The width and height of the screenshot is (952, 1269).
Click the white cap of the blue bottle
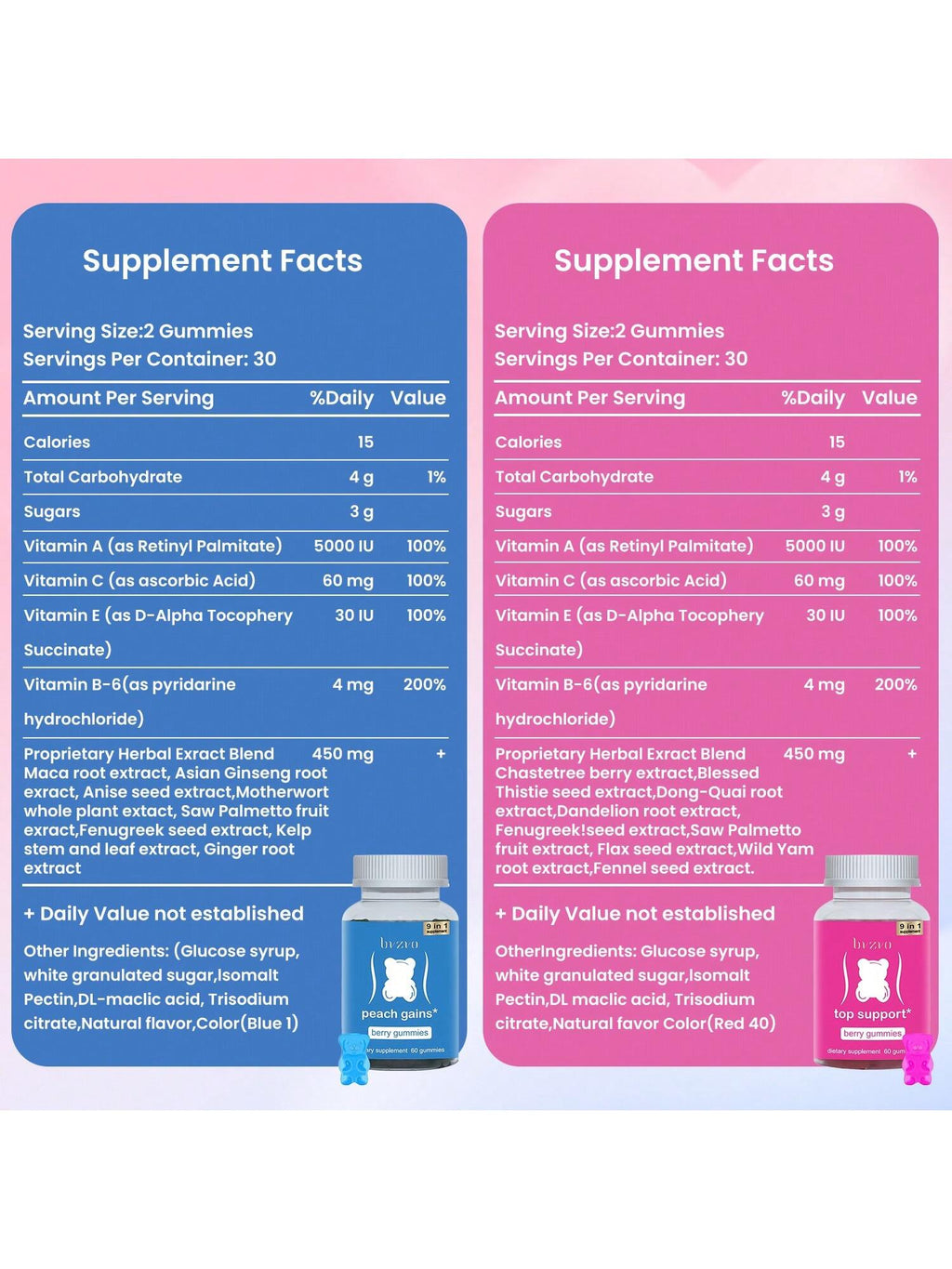click(x=400, y=871)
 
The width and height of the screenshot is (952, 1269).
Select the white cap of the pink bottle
click(x=871, y=871)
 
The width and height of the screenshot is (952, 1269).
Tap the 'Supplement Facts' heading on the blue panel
click(x=222, y=260)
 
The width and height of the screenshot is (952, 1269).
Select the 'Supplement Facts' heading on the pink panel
click(x=694, y=260)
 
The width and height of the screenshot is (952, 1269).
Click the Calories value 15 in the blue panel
click(x=365, y=442)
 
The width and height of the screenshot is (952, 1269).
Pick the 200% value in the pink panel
click(x=895, y=684)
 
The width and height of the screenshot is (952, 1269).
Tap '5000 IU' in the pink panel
click(x=814, y=546)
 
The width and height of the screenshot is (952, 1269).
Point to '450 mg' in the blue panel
click(x=342, y=754)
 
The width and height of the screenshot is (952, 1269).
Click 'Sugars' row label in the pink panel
click(x=523, y=511)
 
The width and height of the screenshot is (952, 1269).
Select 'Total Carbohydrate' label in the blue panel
click(x=103, y=477)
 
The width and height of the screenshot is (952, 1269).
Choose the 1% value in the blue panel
click(x=436, y=477)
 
